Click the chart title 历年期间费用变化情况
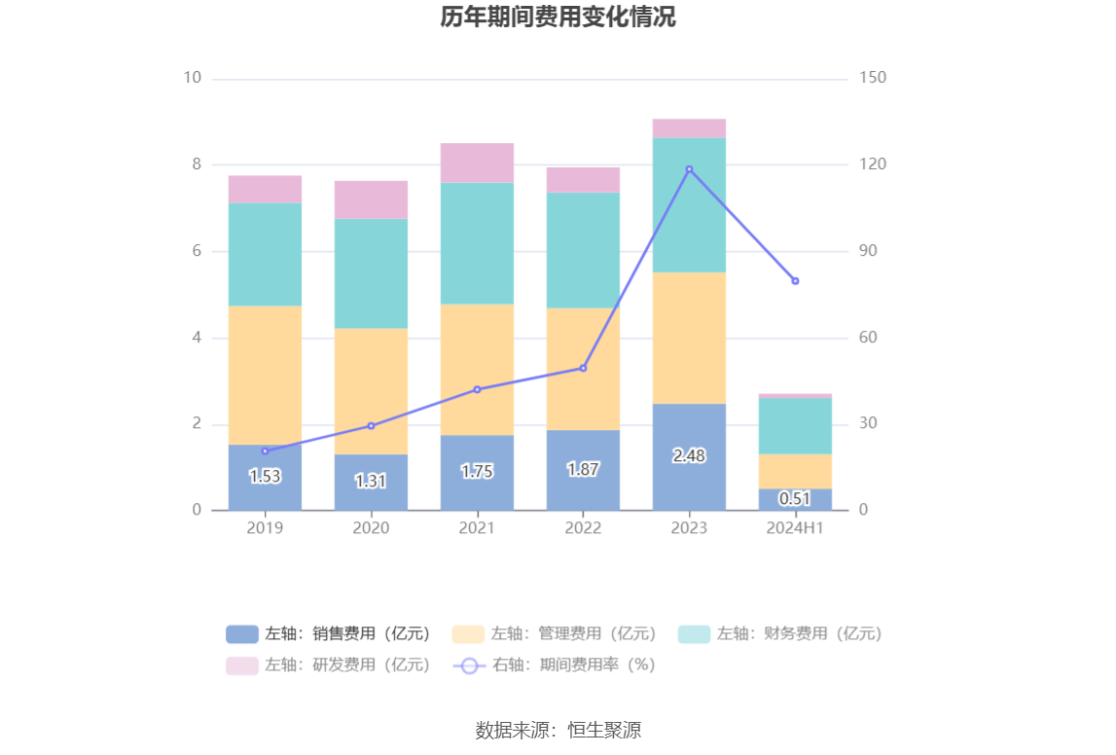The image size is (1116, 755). pyautogui.click(x=558, y=18)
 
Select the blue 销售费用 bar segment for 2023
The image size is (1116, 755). pyautogui.click(x=689, y=477)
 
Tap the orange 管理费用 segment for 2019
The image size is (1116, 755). pyautogui.click(x=265, y=375)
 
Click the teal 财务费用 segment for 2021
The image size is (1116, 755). pyautogui.click(x=477, y=243)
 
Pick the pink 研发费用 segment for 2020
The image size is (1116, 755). pyautogui.click(x=371, y=199)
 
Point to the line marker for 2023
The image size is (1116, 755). pyautogui.click(x=689, y=169)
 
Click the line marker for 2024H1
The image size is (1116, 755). pyautogui.click(x=795, y=281)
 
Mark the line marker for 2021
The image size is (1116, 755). pyautogui.click(x=477, y=389)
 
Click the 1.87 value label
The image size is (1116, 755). pyautogui.click(x=583, y=469)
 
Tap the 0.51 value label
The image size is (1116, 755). pyautogui.click(x=795, y=499)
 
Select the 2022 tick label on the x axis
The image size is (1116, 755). pyautogui.click(x=583, y=528)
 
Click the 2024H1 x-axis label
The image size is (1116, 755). pyautogui.click(x=795, y=528)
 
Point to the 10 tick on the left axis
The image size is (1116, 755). pyautogui.click(x=193, y=78)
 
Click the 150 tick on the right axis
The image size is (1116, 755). pyautogui.click(x=873, y=78)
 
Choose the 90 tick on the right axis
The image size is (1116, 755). pyautogui.click(x=868, y=251)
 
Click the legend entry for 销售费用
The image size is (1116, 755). pyautogui.click(x=328, y=634)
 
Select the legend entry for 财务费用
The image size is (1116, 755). pyautogui.click(x=780, y=634)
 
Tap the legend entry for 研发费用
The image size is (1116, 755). pyautogui.click(x=328, y=665)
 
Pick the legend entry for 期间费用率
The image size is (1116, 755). pyautogui.click(x=555, y=665)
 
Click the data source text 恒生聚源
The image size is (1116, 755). pyautogui.click(x=558, y=731)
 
